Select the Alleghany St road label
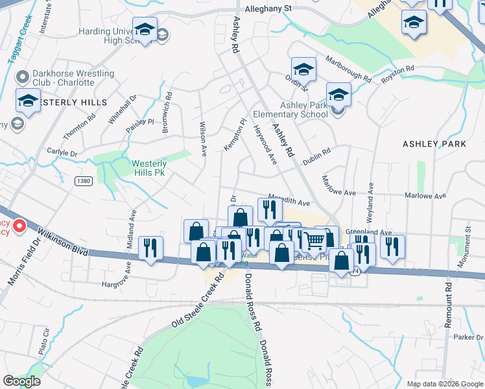pyautogui.click(x=269, y=9)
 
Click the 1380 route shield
pyautogui.click(x=83, y=180)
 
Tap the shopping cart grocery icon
pyautogui.click(x=314, y=241)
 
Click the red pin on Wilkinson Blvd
pyautogui.click(x=19, y=226)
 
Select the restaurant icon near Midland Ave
pyautogui.click(x=150, y=248)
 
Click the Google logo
pyautogui.click(x=22, y=381)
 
